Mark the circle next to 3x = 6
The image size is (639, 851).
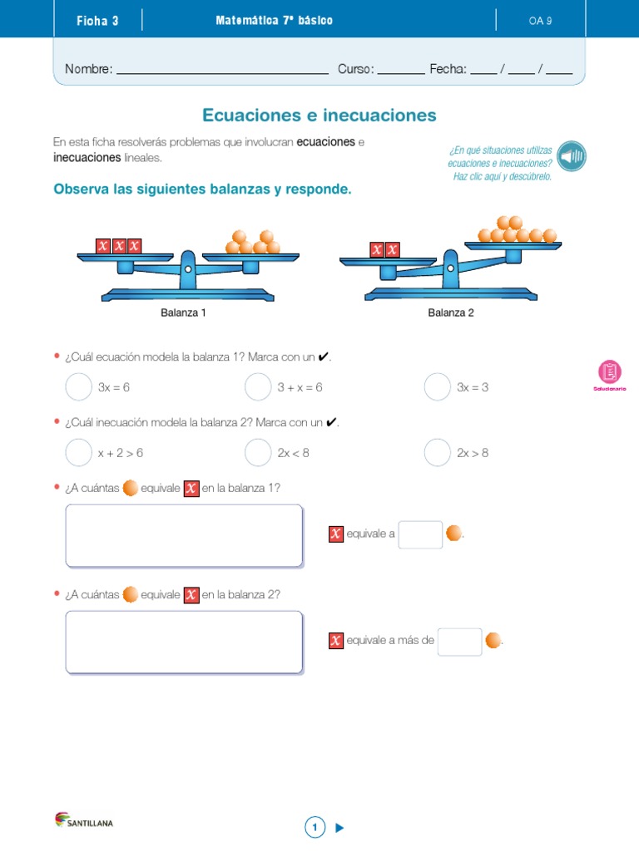pos(78,386)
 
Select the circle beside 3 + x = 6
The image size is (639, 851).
pos(258,386)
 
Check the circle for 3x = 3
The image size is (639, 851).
pos(438,386)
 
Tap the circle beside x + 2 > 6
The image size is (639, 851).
pos(78,452)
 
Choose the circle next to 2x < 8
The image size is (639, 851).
pos(258,452)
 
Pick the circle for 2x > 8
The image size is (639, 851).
pos(438,452)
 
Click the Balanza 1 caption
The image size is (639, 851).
pos(183,313)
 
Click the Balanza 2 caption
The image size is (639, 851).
pos(451,313)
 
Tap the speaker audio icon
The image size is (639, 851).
pos(572,155)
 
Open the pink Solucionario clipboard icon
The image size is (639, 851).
pos(610,372)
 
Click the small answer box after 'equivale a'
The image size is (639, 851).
pos(420,534)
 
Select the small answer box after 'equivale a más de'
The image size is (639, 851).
pos(459,641)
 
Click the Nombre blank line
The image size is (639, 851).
pos(222,70)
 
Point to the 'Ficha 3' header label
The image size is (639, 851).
pos(97,21)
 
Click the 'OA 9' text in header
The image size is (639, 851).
pos(540,21)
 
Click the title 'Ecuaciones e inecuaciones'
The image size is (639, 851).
pos(319,115)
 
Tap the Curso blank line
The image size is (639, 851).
pos(401,70)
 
